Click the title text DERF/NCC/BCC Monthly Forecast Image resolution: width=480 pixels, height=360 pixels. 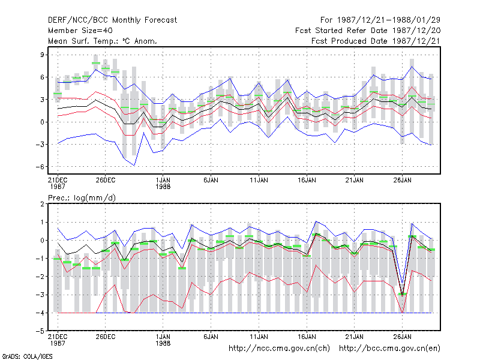112,20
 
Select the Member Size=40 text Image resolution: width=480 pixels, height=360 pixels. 80,31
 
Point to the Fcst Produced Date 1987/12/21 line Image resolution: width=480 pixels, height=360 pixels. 376,41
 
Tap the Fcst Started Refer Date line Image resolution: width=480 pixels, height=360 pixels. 368,31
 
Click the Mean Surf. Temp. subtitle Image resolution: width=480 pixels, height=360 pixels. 103,41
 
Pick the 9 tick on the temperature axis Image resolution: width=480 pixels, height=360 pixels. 42,55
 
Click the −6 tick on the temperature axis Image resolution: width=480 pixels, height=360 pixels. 40,167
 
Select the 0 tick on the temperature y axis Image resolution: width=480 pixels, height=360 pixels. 42,122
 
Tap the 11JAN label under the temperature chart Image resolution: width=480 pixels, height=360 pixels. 259,181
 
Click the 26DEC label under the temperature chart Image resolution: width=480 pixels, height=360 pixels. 106,181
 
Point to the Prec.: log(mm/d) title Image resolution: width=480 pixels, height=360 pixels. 82,198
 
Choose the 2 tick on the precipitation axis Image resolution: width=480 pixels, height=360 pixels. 42,204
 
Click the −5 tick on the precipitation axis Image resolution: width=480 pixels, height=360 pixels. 40,331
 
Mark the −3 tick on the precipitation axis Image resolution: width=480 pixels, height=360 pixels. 40,295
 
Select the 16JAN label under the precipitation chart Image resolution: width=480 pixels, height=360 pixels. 307,337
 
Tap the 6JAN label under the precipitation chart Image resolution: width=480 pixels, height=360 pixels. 211,337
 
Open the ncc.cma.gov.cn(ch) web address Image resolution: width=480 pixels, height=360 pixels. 279,349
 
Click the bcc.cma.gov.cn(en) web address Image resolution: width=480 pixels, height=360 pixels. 389,349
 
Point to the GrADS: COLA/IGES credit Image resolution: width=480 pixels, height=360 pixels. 27,356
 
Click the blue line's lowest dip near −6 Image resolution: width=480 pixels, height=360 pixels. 134,166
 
